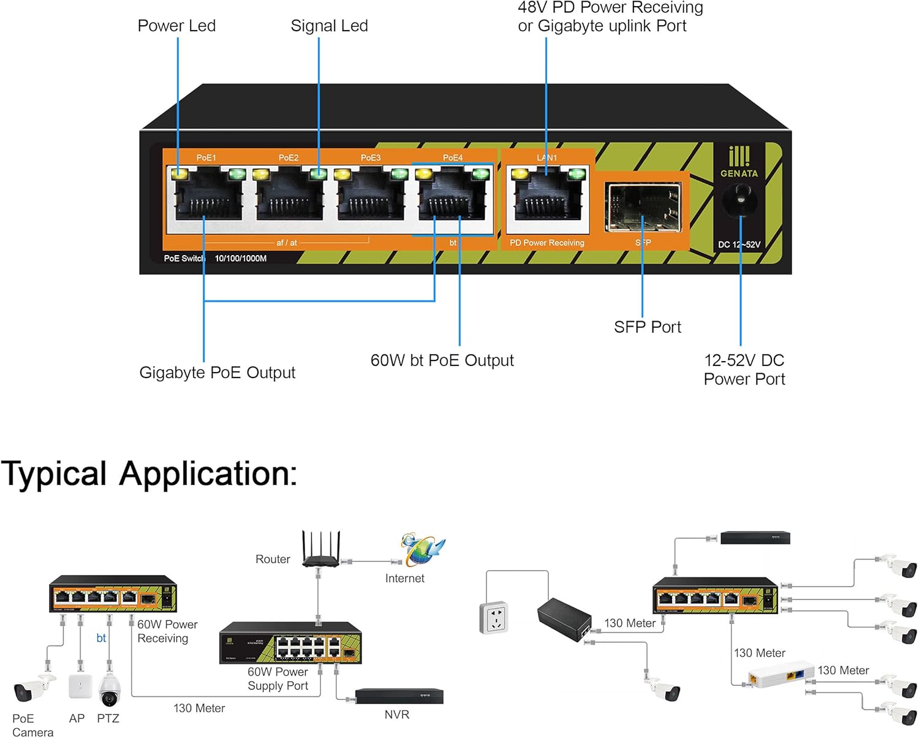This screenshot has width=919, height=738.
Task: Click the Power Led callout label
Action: pyautogui.click(x=176, y=26)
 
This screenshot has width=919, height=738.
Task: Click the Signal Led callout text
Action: pyautogui.click(x=329, y=26)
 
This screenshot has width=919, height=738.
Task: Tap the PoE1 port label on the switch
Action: pyautogui.click(x=206, y=158)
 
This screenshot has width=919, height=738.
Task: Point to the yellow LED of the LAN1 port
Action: pyautogui.click(x=520, y=174)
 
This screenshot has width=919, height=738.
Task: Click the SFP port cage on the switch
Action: pyautogui.click(x=643, y=207)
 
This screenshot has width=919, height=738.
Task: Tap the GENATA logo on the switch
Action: pyautogui.click(x=739, y=162)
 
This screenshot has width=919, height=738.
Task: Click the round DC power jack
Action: pyautogui.click(x=739, y=200)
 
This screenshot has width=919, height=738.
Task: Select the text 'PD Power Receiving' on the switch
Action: pyautogui.click(x=546, y=243)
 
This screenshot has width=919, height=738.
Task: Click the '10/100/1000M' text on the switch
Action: pyautogui.click(x=240, y=259)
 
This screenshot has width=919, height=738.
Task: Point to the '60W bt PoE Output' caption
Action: pyautogui.click(x=442, y=360)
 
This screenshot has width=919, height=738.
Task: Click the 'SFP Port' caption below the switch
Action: pyautogui.click(x=647, y=327)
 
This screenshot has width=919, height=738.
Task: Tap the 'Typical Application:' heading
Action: pyautogui.click(x=149, y=474)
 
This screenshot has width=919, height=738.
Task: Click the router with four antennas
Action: pyautogui.click(x=320, y=550)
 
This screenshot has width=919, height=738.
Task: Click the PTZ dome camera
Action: pyautogui.click(x=109, y=691)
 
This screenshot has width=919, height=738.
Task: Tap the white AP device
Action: pyautogui.click(x=80, y=687)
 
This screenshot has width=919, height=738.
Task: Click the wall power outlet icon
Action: pyautogui.click(x=494, y=617)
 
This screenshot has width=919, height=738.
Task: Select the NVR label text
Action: pyautogui.click(x=396, y=715)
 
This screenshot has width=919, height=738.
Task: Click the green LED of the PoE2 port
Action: pyautogui.click(x=317, y=174)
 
